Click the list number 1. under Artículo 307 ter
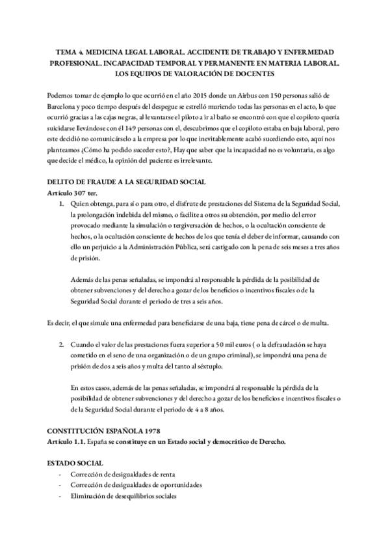tap(61, 204)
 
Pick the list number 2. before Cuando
tap(61, 342)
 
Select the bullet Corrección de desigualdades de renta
tap(122, 474)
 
